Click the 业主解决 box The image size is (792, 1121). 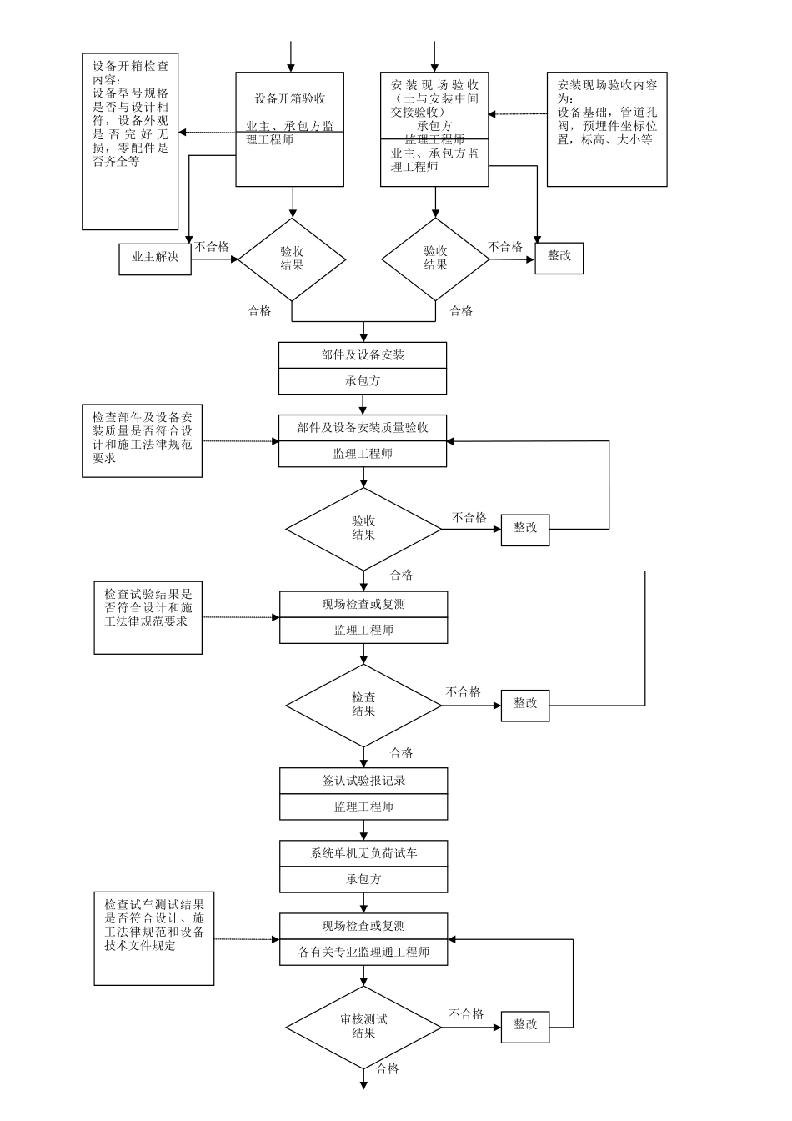pos(155,259)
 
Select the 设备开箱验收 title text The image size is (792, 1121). pos(289,99)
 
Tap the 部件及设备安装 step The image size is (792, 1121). pos(363,355)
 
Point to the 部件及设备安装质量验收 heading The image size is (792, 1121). pos(363,428)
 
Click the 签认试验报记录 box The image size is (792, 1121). pos(363,782)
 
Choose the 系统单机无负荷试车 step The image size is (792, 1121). pos(363,854)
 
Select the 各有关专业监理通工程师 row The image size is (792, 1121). pos(363,953)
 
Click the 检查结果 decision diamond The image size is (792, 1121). pos(363,705)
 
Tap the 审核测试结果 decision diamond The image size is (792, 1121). pos(363,1027)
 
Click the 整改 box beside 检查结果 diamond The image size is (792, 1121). pos(525,704)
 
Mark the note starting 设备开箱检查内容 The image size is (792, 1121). pos(130,142)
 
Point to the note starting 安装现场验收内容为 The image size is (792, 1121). pos(606,129)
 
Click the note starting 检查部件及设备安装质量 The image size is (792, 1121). pos(142,441)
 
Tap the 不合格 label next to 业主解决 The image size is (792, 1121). pos(212,247)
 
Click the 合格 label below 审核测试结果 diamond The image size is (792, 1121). pos(388,1069)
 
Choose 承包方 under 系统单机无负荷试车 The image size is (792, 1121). pos(363,879)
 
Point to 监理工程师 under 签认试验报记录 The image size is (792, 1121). pos(363,807)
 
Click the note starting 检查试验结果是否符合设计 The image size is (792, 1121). pos(148,618)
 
